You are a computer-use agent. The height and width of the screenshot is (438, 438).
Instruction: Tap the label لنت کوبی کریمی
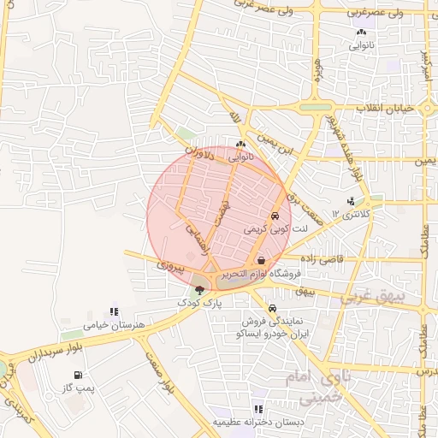coord(268,229)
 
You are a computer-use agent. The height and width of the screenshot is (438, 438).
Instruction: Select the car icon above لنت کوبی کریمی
coord(275,216)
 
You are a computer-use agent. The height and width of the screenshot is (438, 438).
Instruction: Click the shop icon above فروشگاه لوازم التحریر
coord(261,261)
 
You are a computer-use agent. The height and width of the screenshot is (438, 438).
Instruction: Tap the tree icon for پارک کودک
coord(200,291)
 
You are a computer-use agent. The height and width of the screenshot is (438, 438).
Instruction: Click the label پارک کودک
coord(199,304)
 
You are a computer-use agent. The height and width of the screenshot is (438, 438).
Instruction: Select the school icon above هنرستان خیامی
coord(114,312)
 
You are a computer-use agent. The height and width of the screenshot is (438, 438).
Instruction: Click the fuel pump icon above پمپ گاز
coord(80,375)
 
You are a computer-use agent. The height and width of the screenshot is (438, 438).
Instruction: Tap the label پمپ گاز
coord(79,388)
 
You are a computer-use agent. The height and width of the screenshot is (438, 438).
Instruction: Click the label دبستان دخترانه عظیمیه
coord(256,423)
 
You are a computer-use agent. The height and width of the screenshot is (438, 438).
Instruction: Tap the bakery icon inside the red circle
coord(240,145)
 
